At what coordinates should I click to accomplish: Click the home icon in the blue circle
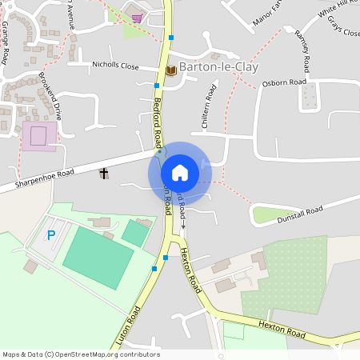(179, 173)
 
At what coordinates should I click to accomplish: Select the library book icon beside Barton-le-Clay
(170, 70)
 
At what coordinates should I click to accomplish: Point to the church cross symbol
(103, 174)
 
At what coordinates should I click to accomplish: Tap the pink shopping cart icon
(138, 18)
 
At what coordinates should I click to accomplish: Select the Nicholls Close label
(116, 66)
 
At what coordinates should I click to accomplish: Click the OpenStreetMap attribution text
(81, 354)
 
